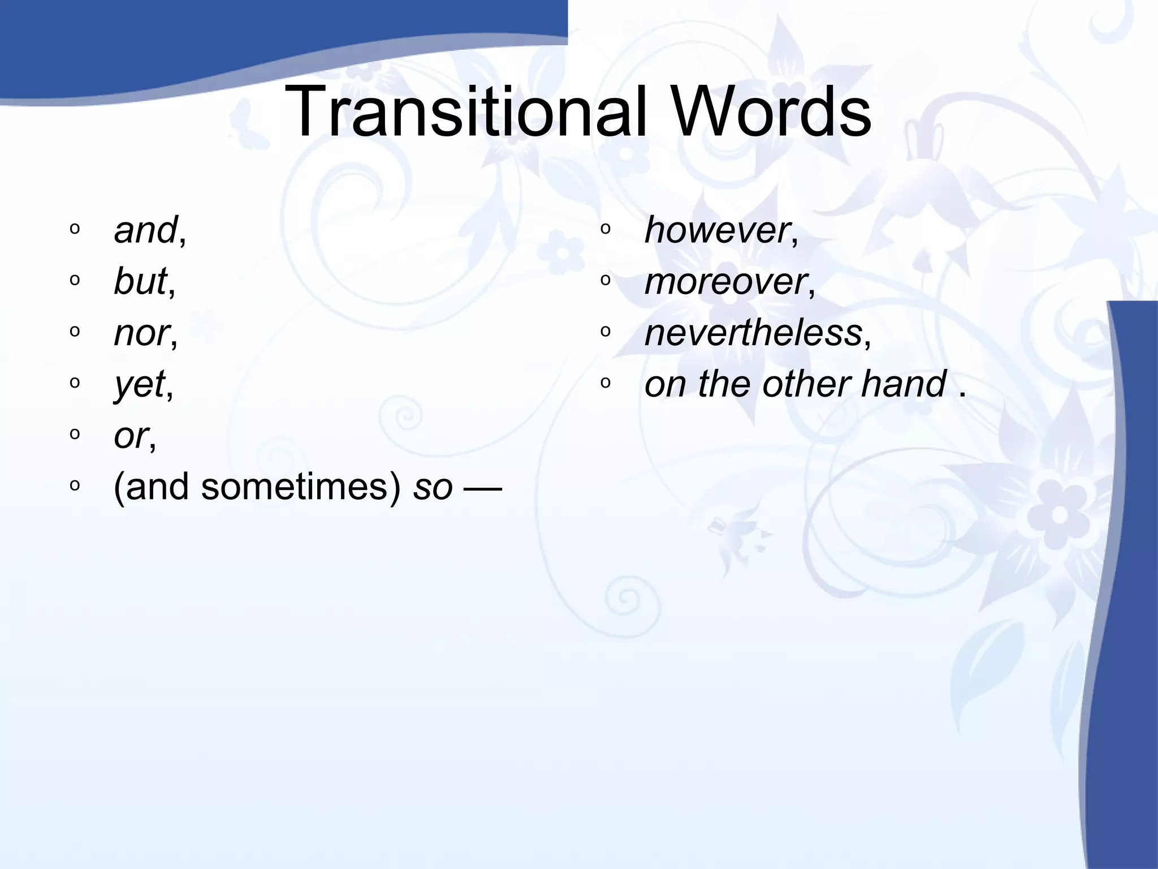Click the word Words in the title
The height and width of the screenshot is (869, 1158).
(x=772, y=111)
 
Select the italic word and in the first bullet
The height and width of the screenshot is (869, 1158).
(x=145, y=230)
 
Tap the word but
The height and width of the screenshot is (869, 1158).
(x=140, y=281)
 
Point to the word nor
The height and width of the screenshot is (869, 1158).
(x=141, y=333)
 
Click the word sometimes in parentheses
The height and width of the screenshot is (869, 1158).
(x=300, y=487)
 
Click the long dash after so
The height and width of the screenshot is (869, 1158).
(x=482, y=487)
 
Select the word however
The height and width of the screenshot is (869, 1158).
(x=717, y=230)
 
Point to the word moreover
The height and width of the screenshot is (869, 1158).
(x=725, y=282)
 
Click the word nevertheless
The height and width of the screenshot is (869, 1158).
(x=753, y=333)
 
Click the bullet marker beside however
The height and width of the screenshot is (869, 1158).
(x=606, y=229)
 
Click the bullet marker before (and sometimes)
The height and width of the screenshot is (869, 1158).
(x=75, y=485)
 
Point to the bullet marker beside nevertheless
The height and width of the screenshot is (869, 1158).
(x=606, y=332)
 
